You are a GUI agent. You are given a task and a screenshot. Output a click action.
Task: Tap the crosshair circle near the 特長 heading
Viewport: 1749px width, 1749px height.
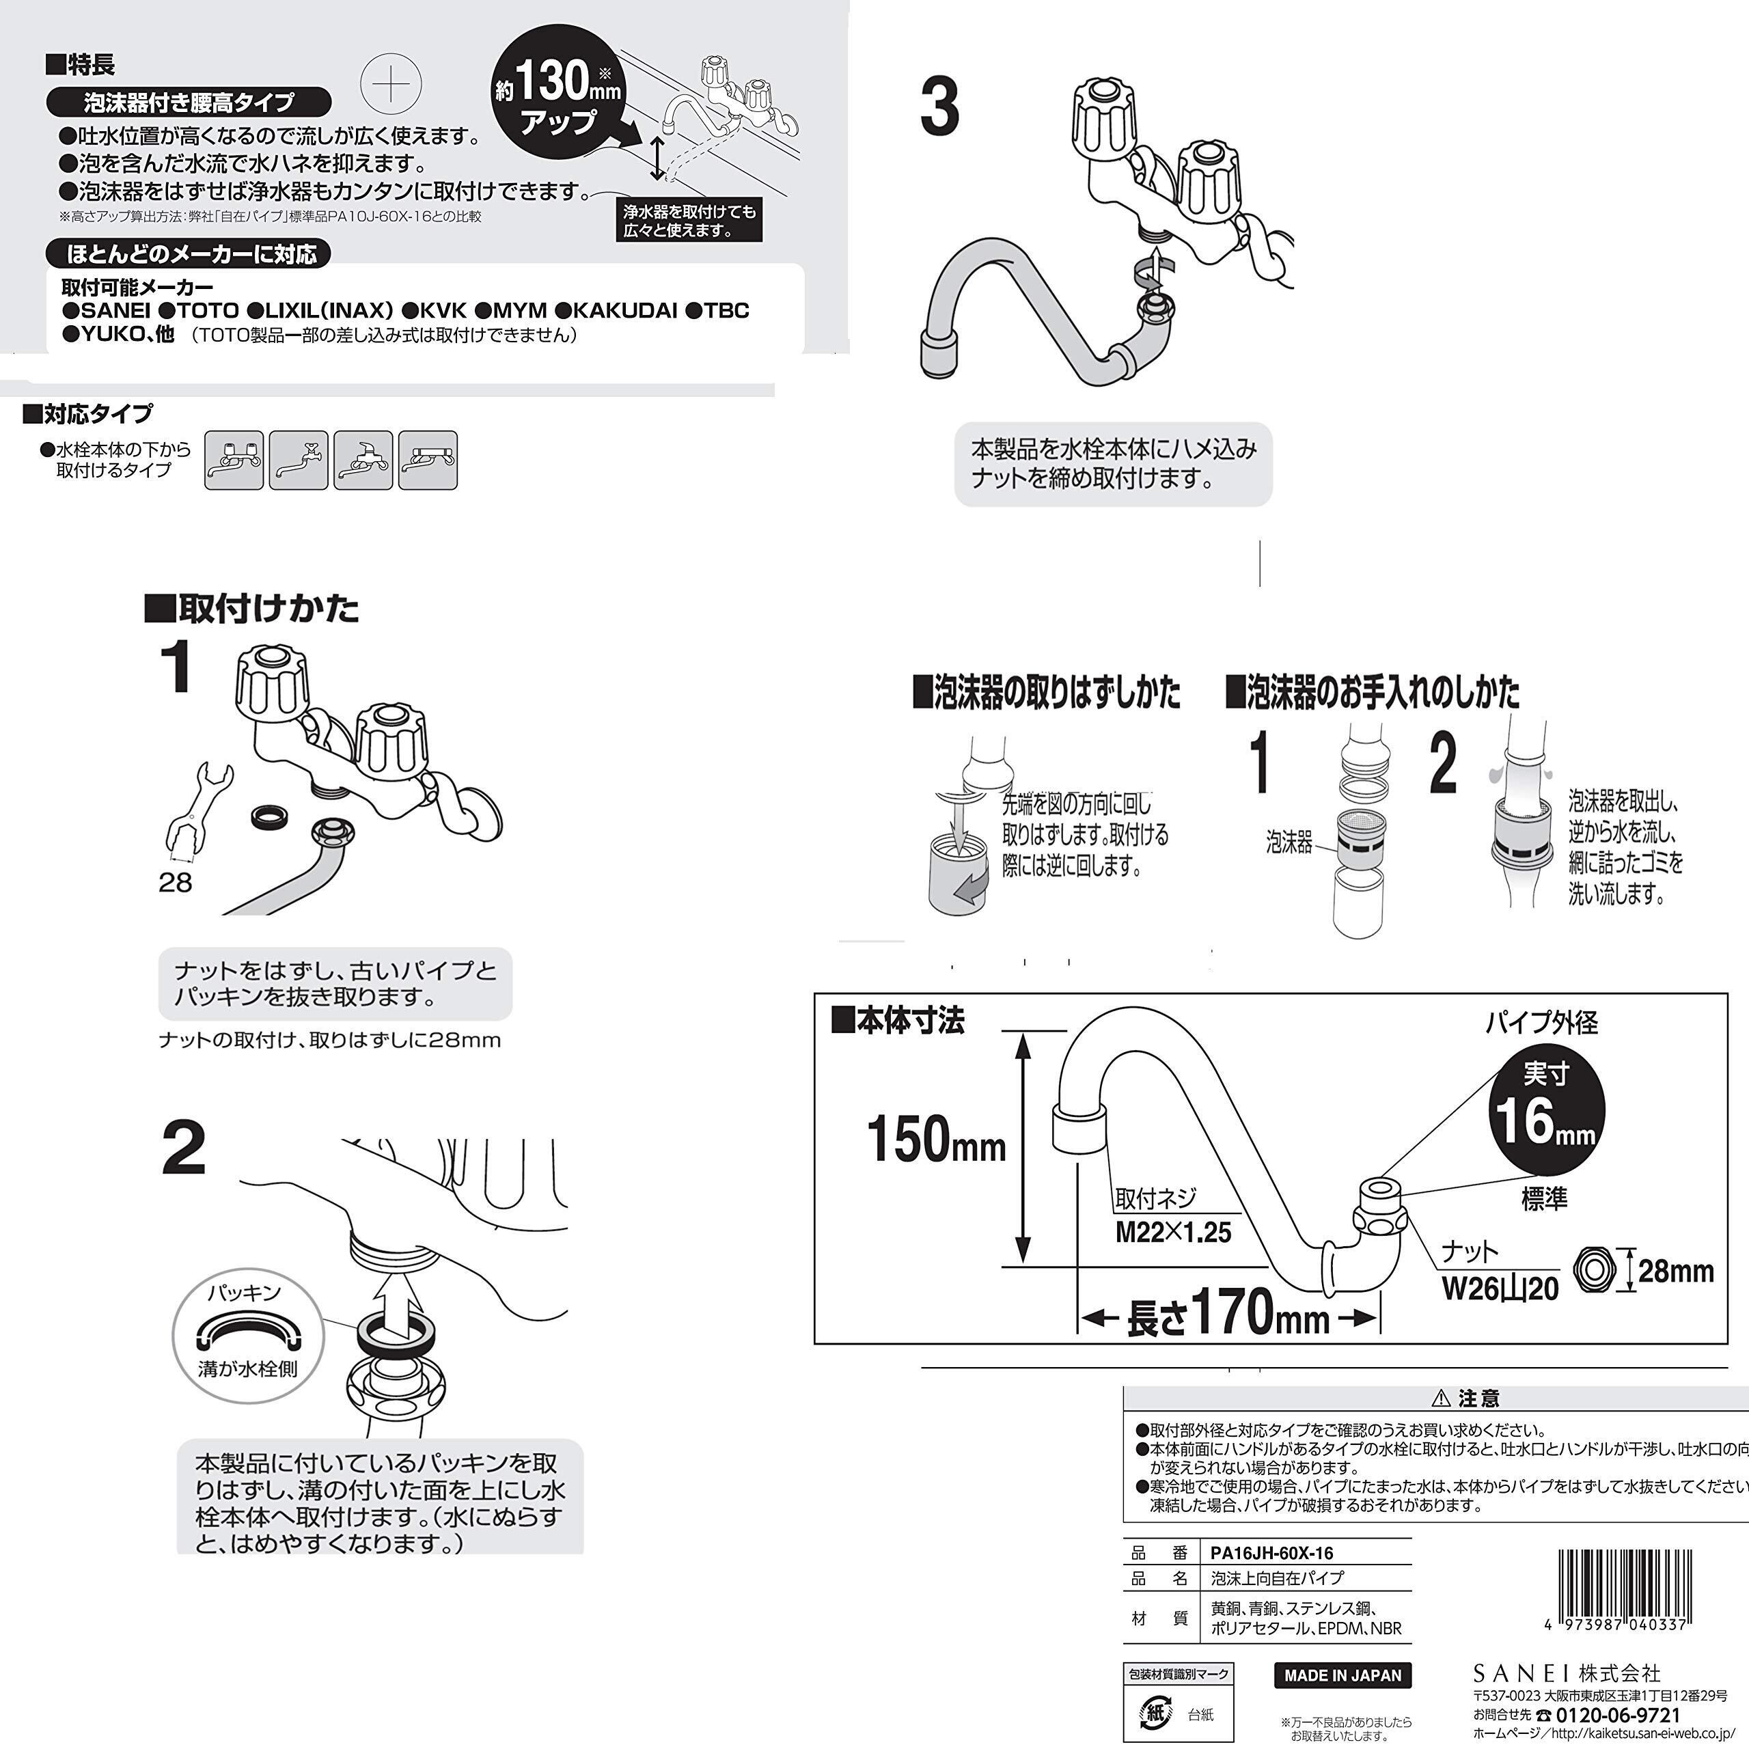391,83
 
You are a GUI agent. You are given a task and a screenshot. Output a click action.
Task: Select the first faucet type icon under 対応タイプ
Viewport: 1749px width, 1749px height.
234,460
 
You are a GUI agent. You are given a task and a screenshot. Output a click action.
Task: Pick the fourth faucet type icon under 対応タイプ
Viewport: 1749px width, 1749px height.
428,460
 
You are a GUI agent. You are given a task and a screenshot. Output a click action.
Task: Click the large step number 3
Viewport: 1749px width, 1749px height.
939,107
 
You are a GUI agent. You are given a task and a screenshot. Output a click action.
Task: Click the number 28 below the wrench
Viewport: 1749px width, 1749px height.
176,883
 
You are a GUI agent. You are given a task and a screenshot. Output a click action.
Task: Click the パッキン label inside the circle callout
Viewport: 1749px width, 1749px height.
245,1293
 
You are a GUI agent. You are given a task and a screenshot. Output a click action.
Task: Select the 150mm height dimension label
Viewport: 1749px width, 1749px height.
936,1139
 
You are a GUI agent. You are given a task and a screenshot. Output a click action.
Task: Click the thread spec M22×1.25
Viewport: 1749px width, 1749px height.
1173,1232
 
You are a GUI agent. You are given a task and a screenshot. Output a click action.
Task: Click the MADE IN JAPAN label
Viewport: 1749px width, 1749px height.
1342,1675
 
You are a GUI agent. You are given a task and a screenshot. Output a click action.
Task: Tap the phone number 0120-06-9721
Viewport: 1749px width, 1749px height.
1618,1716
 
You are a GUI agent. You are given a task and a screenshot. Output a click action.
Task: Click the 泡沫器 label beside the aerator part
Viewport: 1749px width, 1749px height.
1289,843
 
